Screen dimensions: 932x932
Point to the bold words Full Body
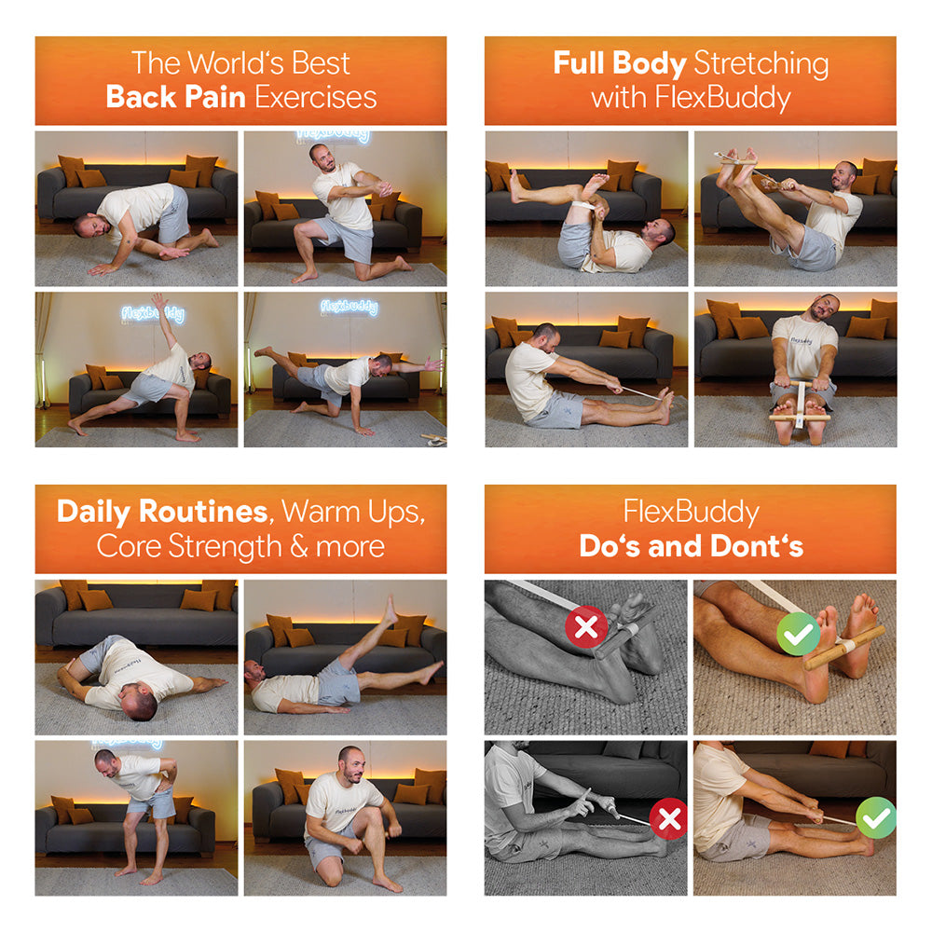617,63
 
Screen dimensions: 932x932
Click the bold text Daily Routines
161,512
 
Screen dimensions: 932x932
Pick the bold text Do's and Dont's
691,546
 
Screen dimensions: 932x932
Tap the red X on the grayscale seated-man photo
669,819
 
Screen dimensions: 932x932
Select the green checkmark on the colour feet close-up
798,633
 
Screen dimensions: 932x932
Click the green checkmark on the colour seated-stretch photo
876,817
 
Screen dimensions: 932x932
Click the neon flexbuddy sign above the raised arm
152,314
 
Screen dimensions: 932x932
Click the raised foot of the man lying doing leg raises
391,605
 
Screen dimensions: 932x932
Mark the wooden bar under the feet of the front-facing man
800,419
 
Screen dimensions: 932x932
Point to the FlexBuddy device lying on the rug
432,437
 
